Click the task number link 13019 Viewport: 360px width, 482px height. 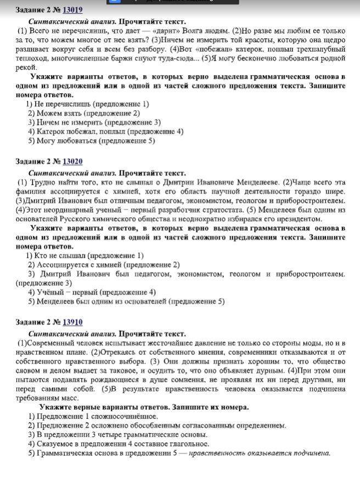(x=72, y=10)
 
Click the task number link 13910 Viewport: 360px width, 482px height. (x=72, y=322)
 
